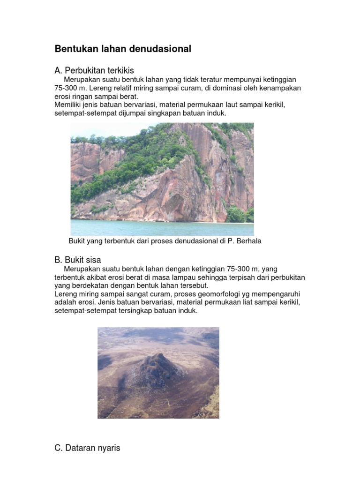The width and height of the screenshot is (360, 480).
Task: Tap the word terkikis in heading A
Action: [x=119, y=71]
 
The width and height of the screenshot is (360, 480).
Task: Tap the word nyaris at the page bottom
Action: [x=109, y=449]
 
